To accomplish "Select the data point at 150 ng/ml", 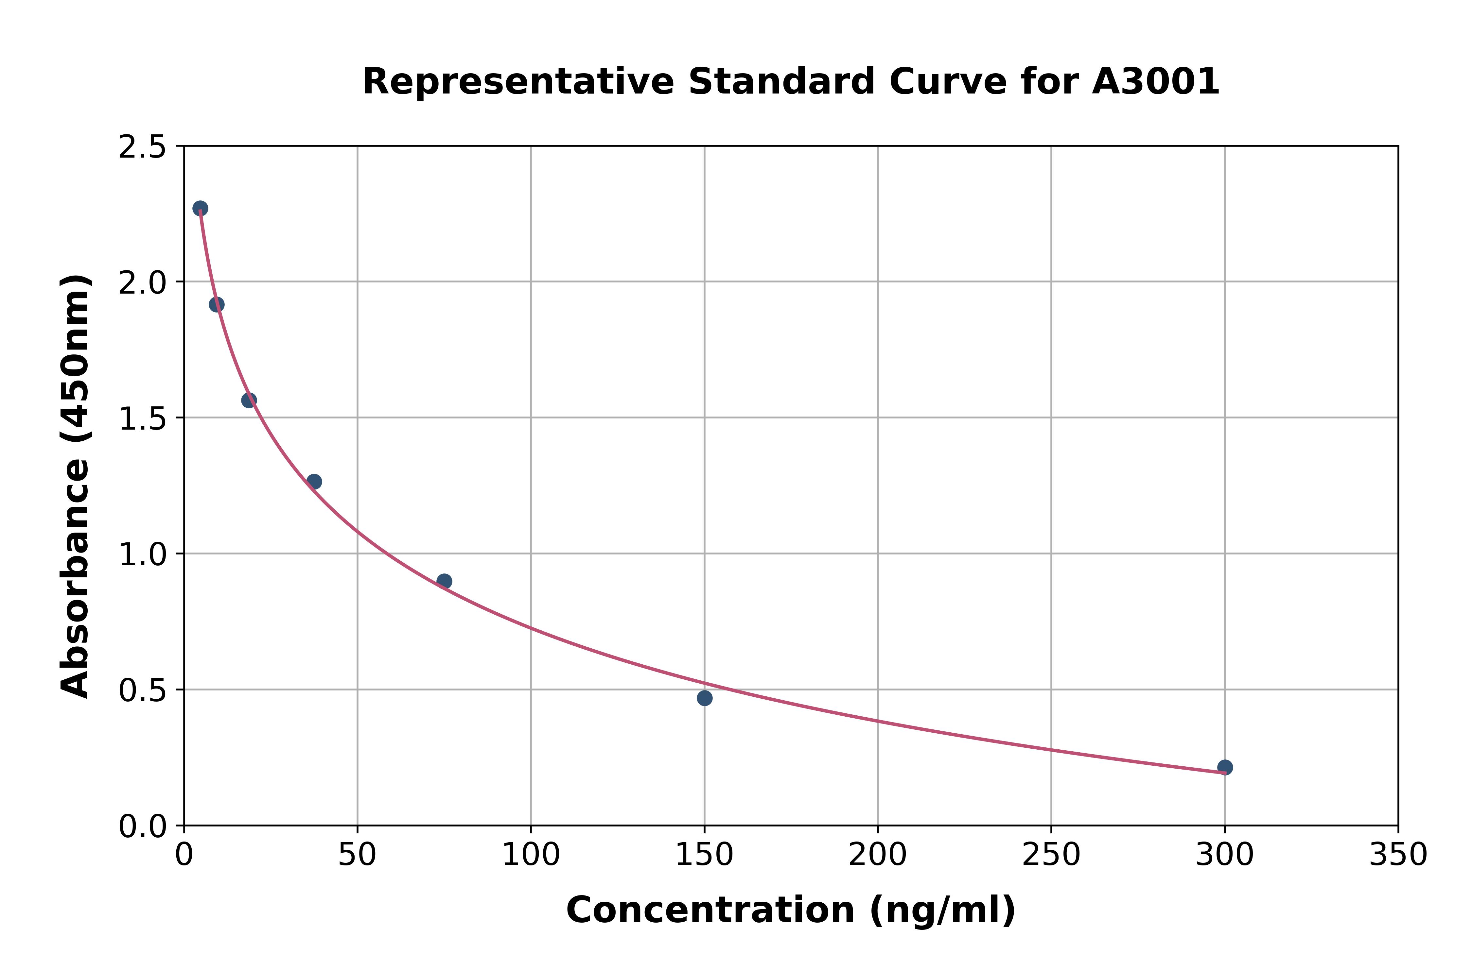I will click(704, 698).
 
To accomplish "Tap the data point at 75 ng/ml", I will click(444, 581).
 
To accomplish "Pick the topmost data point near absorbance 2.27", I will click(200, 208).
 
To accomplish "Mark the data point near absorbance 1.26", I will click(314, 482).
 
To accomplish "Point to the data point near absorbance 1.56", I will click(249, 400).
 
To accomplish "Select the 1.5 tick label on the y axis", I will click(143, 419).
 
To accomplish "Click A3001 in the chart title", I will click(1155, 82).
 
